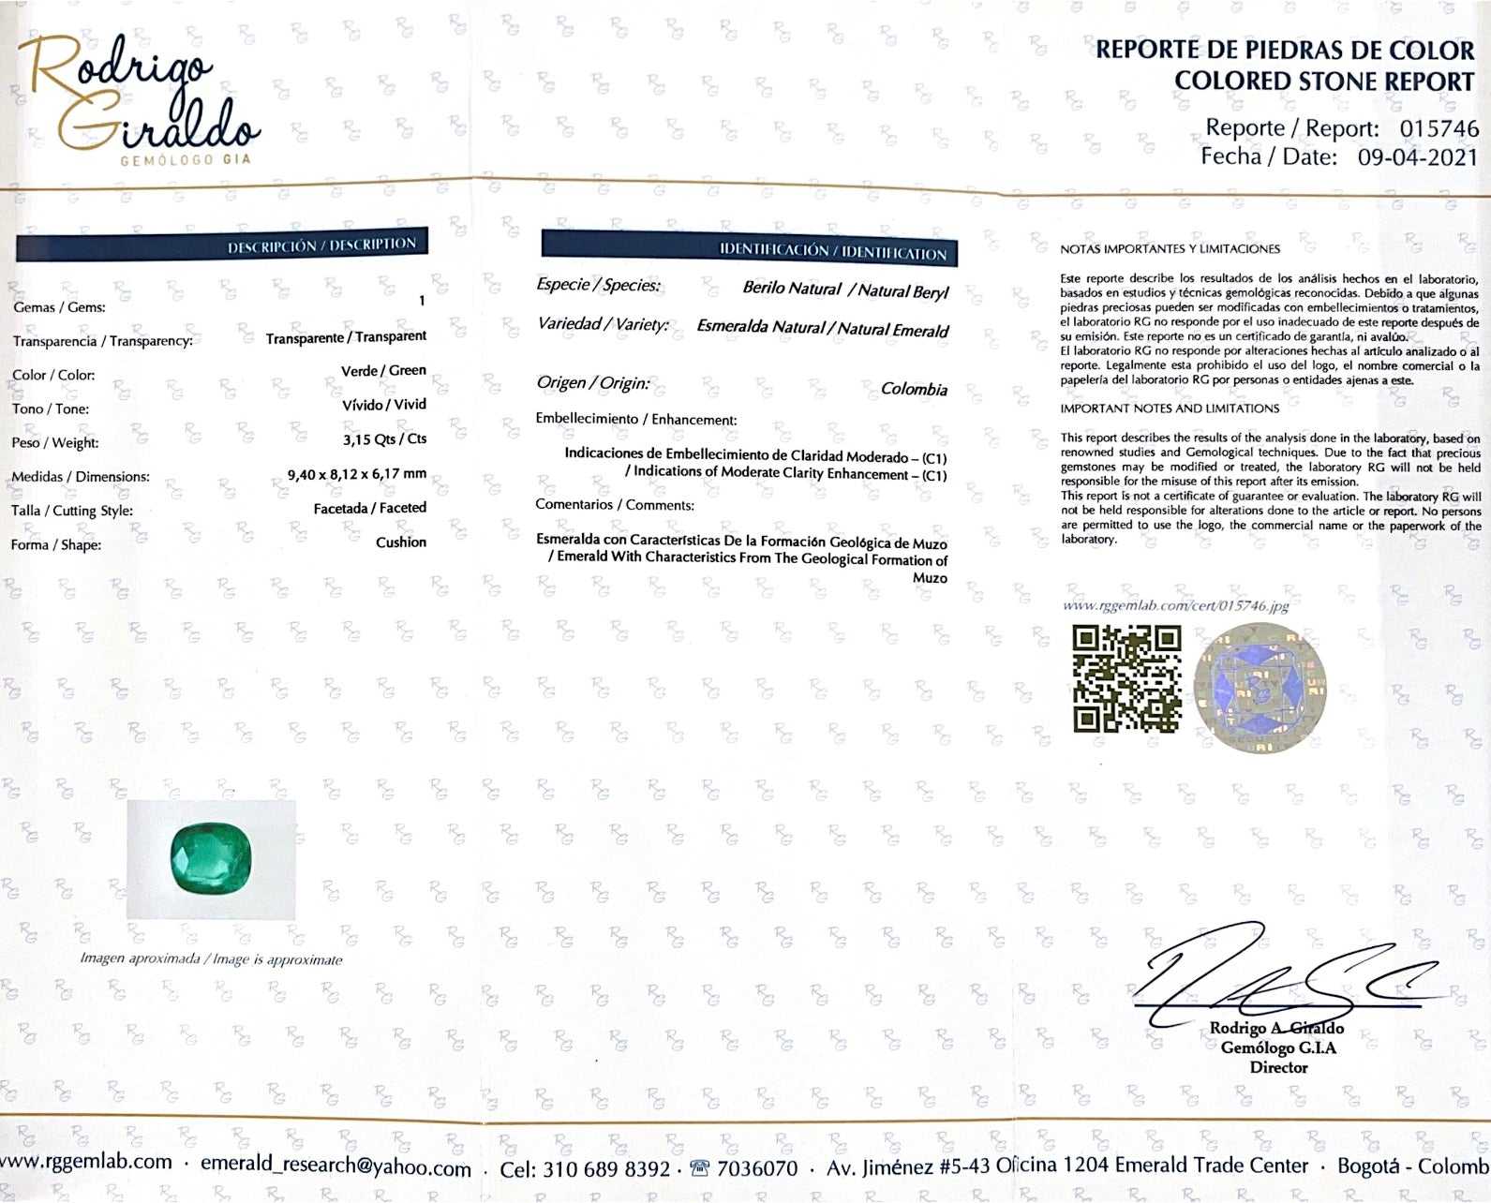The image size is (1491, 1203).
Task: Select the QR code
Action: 1126,678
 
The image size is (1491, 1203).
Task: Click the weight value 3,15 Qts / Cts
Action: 384,439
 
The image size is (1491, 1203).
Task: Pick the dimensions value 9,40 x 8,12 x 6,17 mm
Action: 357,474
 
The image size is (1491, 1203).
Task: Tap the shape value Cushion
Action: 401,542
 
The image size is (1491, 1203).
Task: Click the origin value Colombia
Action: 914,389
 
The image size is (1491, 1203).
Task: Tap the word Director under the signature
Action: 1278,1067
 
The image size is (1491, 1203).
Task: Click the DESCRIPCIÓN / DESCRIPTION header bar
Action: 222,245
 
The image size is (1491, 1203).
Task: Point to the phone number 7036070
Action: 756,1168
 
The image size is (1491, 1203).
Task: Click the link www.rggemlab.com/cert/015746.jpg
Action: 1176,605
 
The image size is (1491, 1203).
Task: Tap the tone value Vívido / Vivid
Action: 384,405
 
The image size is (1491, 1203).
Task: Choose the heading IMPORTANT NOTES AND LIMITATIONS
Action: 1170,408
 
